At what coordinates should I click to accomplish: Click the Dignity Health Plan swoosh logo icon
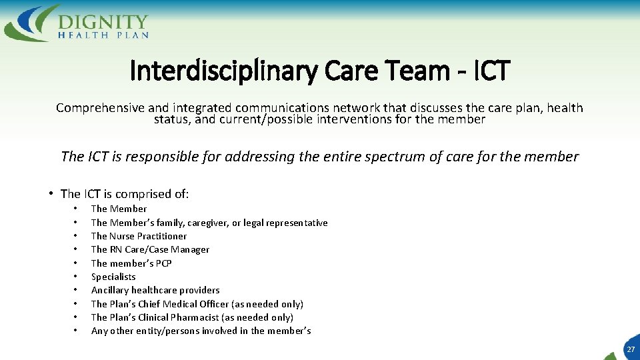coord(29,23)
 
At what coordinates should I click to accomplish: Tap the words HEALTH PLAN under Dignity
coord(103,35)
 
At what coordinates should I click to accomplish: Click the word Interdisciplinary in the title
coord(223,70)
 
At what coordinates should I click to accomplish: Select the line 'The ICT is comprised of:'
coord(125,194)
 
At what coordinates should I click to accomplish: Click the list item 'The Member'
coord(119,209)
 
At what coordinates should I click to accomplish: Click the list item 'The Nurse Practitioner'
coord(139,236)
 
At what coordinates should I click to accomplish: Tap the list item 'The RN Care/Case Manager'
coord(150,249)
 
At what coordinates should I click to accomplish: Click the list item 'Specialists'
coord(113,277)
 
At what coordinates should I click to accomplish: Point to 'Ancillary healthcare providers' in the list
coord(155,290)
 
